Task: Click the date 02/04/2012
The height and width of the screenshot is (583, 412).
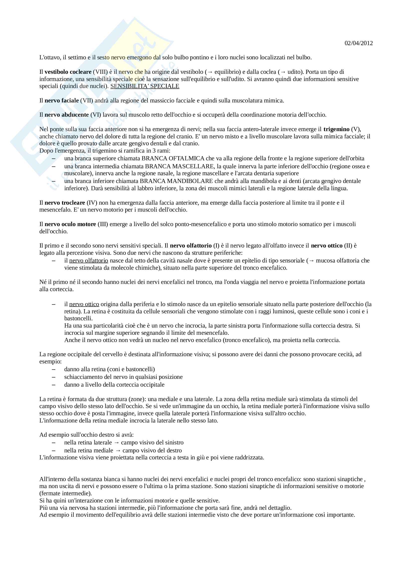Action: point(358,43)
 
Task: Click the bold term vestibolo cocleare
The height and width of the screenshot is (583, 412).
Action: point(68,72)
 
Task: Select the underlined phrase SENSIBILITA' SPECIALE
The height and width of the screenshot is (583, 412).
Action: point(145,86)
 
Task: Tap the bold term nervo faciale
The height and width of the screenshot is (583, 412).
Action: point(61,100)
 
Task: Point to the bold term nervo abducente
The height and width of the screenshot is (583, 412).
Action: point(67,115)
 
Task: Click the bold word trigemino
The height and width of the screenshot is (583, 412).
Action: point(336,129)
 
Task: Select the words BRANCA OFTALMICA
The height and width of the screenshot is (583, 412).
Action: point(173,159)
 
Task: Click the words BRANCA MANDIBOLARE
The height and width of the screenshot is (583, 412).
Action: point(176,181)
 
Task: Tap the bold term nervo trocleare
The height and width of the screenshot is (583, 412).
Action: point(65,203)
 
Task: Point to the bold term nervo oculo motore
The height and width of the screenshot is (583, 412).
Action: point(70,224)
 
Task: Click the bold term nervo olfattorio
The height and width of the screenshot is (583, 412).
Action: point(191,246)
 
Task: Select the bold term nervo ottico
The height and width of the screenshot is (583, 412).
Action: point(327,246)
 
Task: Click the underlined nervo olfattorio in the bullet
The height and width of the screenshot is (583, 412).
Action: point(88,260)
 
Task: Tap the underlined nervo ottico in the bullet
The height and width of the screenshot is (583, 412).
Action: point(84,304)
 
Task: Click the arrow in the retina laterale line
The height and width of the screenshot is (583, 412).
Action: point(116,443)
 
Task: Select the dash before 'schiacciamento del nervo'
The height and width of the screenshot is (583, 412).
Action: point(54,377)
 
